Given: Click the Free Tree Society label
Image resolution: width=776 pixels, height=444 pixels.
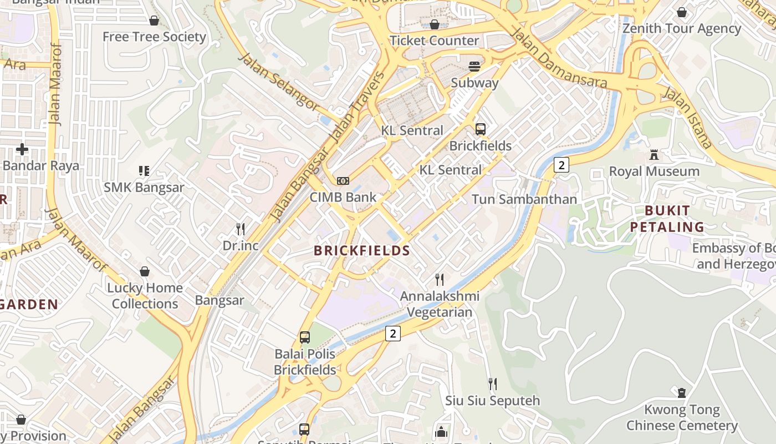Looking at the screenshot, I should (154, 37).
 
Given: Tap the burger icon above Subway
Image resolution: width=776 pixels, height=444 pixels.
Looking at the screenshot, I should (474, 67).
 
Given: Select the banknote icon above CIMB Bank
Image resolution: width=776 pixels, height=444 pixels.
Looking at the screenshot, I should (343, 181).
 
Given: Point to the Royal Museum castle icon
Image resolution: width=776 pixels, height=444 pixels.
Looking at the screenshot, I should (654, 155).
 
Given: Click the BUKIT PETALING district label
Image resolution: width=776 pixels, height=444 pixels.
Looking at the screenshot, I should (675, 219).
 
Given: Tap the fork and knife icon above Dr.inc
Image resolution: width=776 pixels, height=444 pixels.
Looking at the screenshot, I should (241, 229).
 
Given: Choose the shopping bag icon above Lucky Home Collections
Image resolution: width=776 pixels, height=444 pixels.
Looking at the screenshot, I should (145, 271).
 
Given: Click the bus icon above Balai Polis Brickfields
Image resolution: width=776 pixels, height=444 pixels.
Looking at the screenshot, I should (304, 337).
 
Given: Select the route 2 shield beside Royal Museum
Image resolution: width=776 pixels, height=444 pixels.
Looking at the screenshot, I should (561, 165).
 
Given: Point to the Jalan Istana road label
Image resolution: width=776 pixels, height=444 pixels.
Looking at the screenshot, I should (688, 118).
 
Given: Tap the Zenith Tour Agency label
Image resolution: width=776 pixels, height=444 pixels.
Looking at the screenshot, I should (681, 28).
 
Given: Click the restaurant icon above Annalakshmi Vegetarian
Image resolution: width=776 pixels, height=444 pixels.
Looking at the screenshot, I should (440, 279).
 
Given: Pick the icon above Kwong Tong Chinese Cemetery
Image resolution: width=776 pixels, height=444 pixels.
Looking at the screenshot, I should (682, 393).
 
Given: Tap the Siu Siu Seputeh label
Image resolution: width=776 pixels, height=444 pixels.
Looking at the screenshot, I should (492, 401).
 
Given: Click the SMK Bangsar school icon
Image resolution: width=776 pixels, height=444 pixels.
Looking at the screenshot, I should (144, 171).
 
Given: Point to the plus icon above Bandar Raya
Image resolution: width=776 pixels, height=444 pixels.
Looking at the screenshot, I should (22, 149).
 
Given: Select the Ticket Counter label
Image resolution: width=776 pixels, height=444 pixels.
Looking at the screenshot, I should (434, 41).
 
